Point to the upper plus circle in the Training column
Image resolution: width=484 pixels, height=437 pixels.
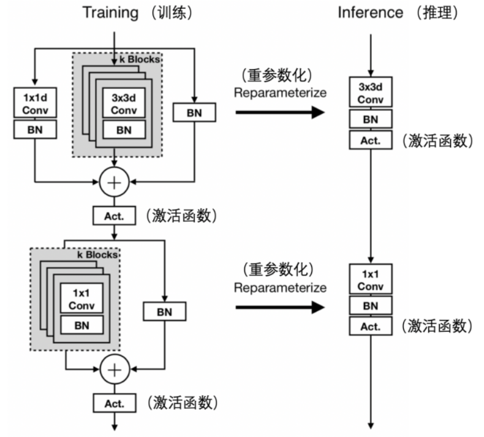[115, 182]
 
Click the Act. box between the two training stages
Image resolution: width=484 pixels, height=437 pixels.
[115, 215]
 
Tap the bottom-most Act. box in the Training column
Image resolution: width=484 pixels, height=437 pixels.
[115, 403]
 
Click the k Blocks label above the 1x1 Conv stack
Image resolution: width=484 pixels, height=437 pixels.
[96, 253]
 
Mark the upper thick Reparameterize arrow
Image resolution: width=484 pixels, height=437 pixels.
[281, 112]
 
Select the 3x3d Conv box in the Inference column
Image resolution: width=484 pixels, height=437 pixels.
[370, 93]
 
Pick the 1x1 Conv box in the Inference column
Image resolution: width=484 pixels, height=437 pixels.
[370, 280]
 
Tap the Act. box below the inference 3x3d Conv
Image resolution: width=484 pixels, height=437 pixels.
[370, 140]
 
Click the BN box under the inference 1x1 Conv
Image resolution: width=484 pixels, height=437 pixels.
[370, 305]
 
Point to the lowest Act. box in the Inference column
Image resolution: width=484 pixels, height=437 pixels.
[370, 327]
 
